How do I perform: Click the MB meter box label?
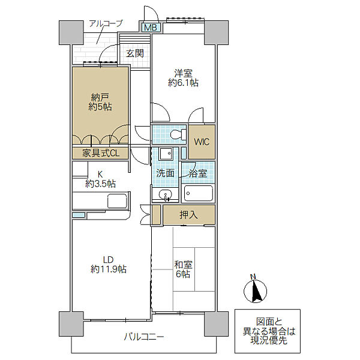tap(151, 28)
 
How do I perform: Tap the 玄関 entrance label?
tap(135, 53)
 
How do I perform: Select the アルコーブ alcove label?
tap(106, 23)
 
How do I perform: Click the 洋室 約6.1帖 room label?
tap(183, 78)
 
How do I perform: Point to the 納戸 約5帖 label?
tap(100, 102)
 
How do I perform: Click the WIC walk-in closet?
tap(202, 142)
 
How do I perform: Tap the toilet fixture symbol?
tap(178, 134)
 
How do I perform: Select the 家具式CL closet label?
tap(101, 154)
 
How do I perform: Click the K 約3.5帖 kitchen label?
tap(100, 179)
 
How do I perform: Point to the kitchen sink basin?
tap(118, 201)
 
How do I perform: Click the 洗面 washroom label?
tap(165, 173)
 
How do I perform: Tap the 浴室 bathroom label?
tap(198, 173)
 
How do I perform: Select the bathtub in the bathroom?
tap(199, 193)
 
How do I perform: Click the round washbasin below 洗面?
tap(166, 194)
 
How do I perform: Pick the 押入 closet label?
tap(189, 215)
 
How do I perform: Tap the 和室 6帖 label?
tap(183, 269)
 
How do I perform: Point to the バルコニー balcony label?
tap(144, 337)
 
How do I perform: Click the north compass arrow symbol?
tap(256, 290)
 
